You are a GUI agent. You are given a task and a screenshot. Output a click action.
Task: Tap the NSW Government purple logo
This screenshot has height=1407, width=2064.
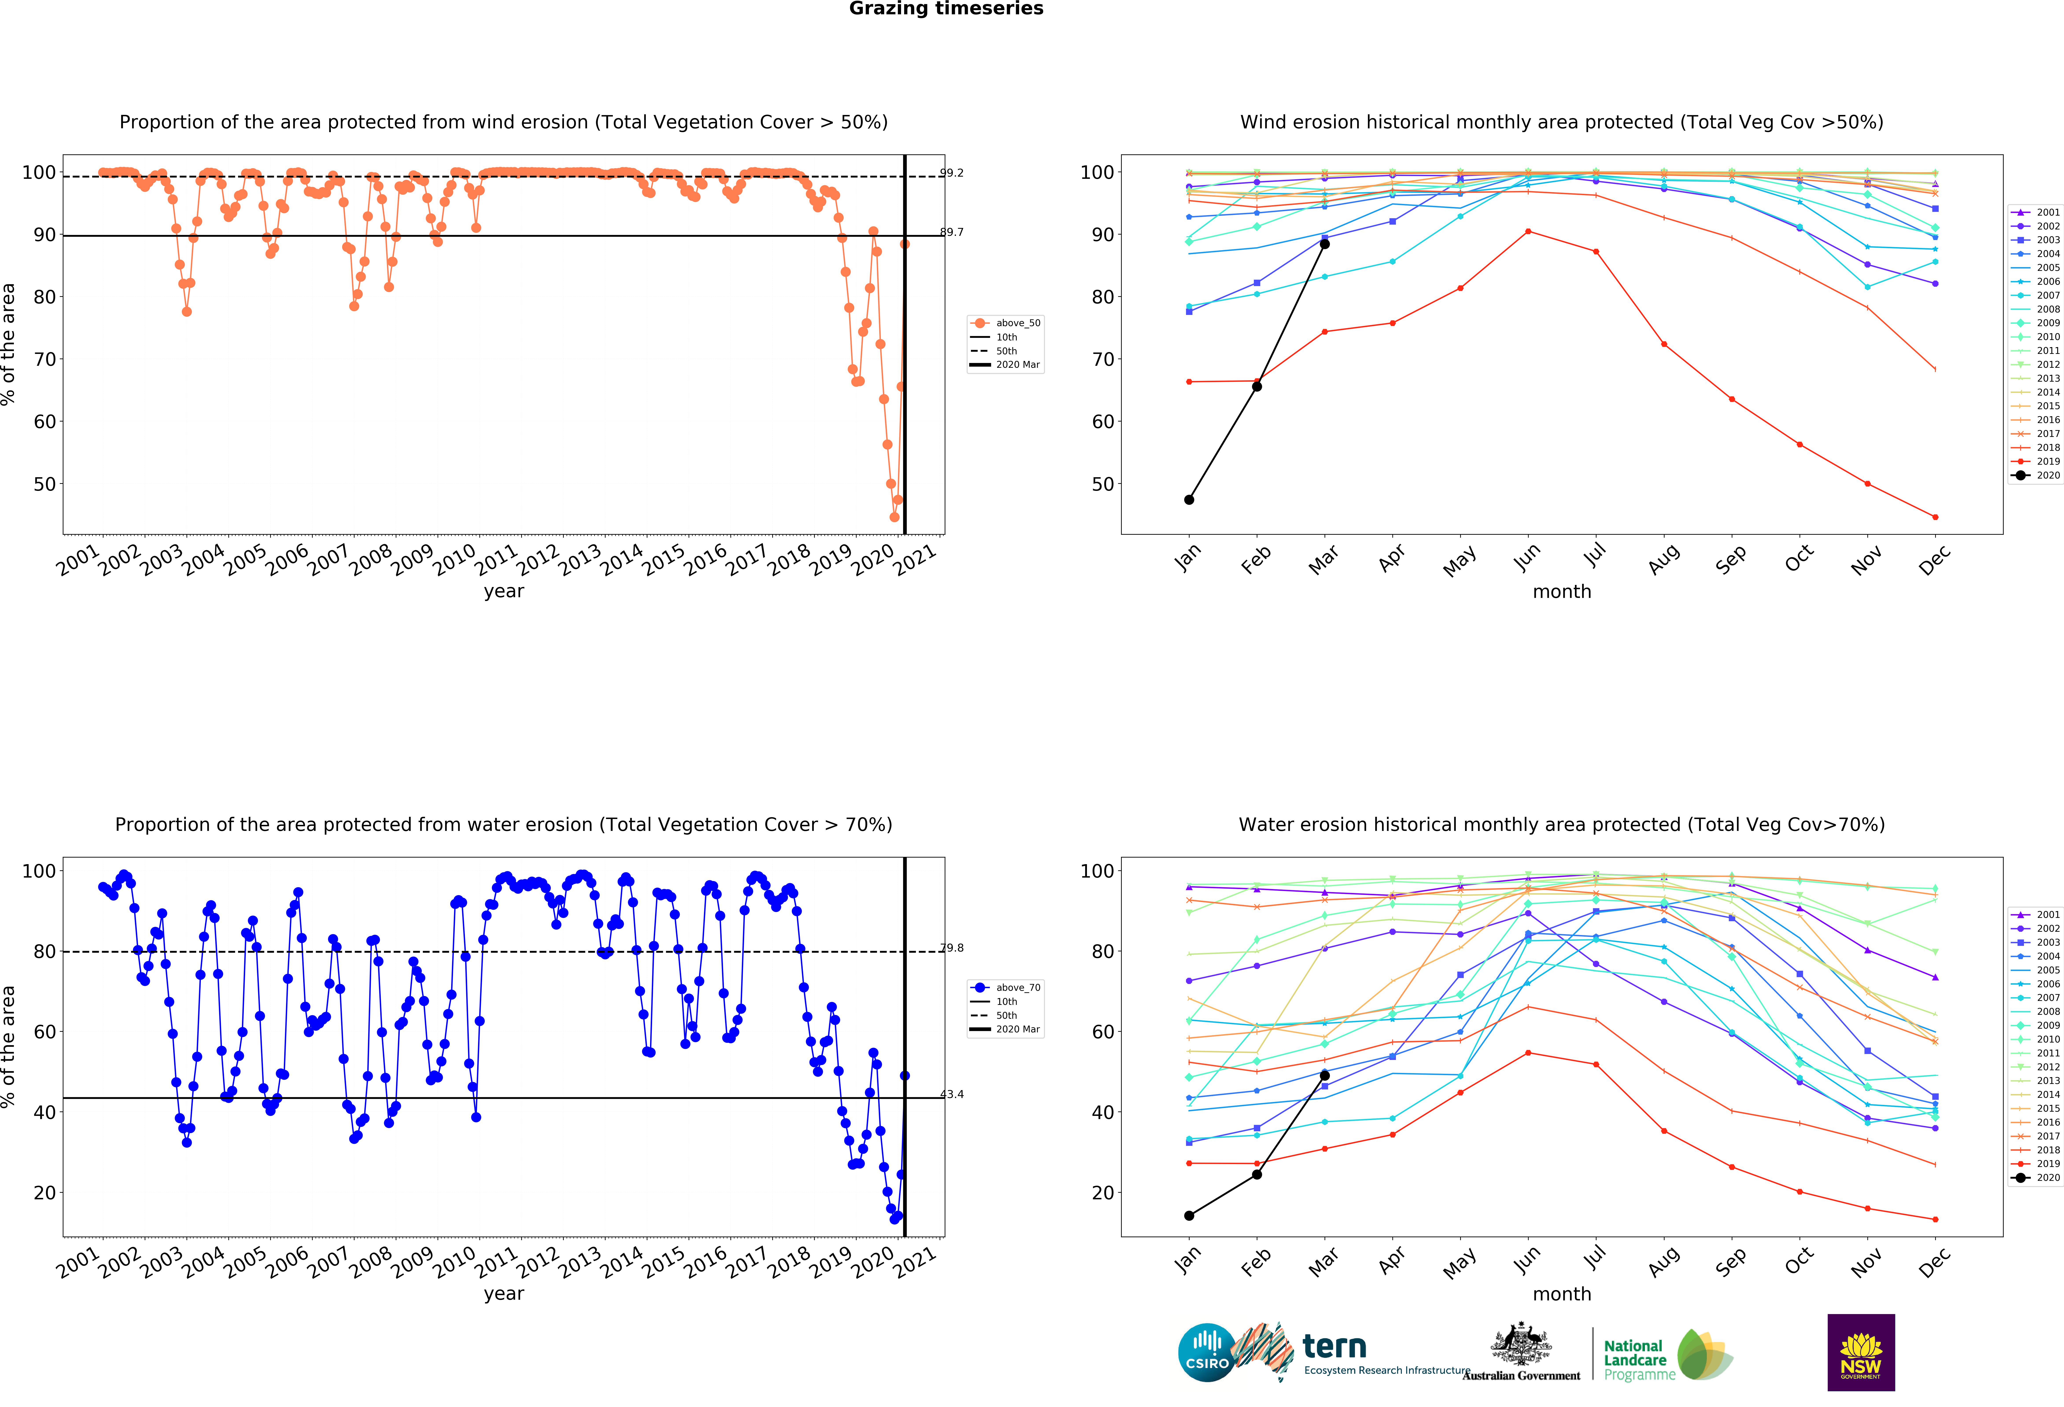1861,1352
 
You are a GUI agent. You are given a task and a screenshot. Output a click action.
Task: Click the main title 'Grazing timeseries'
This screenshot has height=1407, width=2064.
946,9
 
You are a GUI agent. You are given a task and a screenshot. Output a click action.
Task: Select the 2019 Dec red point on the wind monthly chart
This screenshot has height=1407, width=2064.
1935,517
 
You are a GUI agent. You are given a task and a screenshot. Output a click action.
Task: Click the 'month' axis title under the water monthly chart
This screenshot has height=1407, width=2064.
1561,1294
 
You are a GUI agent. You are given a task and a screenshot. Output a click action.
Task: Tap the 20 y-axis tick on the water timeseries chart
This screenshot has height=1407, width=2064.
44,1193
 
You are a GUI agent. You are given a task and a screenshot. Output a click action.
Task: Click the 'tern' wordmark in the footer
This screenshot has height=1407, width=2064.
1334,1347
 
